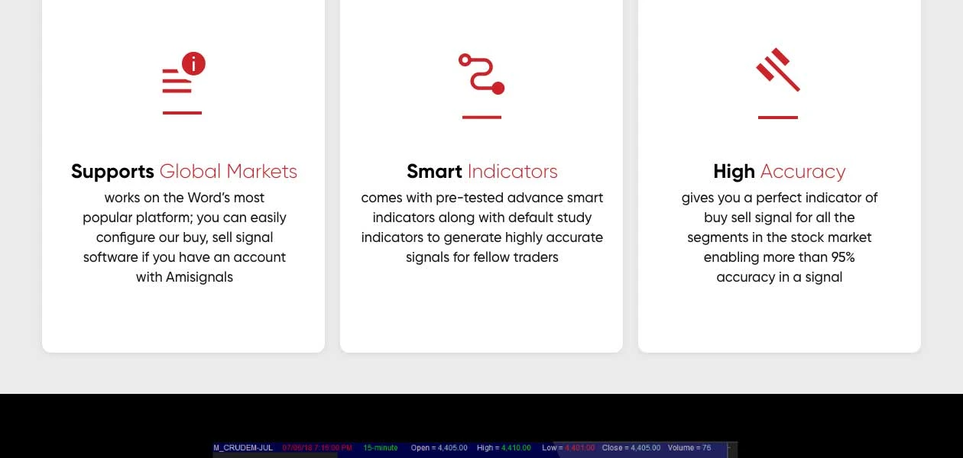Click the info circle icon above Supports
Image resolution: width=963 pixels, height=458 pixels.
click(193, 64)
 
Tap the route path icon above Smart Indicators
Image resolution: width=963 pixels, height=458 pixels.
click(481, 74)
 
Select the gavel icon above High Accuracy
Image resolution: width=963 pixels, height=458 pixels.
click(778, 70)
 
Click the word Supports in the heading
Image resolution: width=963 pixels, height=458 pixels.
click(112, 172)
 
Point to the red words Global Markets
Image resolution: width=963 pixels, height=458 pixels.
click(228, 172)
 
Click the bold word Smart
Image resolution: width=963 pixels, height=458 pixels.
click(434, 172)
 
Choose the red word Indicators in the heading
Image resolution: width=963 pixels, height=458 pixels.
click(512, 172)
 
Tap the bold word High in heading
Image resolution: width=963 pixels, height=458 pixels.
click(734, 172)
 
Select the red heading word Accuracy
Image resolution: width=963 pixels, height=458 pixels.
click(802, 172)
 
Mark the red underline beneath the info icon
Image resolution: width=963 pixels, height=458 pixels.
click(182, 113)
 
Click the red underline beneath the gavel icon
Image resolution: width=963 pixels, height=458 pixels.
click(778, 118)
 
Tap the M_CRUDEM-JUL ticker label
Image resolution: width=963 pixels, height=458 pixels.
click(243, 448)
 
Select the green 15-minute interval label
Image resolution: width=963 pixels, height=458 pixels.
click(381, 448)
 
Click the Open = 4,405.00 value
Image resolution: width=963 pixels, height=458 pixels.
click(439, 448)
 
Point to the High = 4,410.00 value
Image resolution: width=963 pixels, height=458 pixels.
click(504, 448)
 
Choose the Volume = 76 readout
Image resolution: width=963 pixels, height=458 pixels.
click(689, 448)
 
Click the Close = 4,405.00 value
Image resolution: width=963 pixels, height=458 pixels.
click(631, 448)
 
